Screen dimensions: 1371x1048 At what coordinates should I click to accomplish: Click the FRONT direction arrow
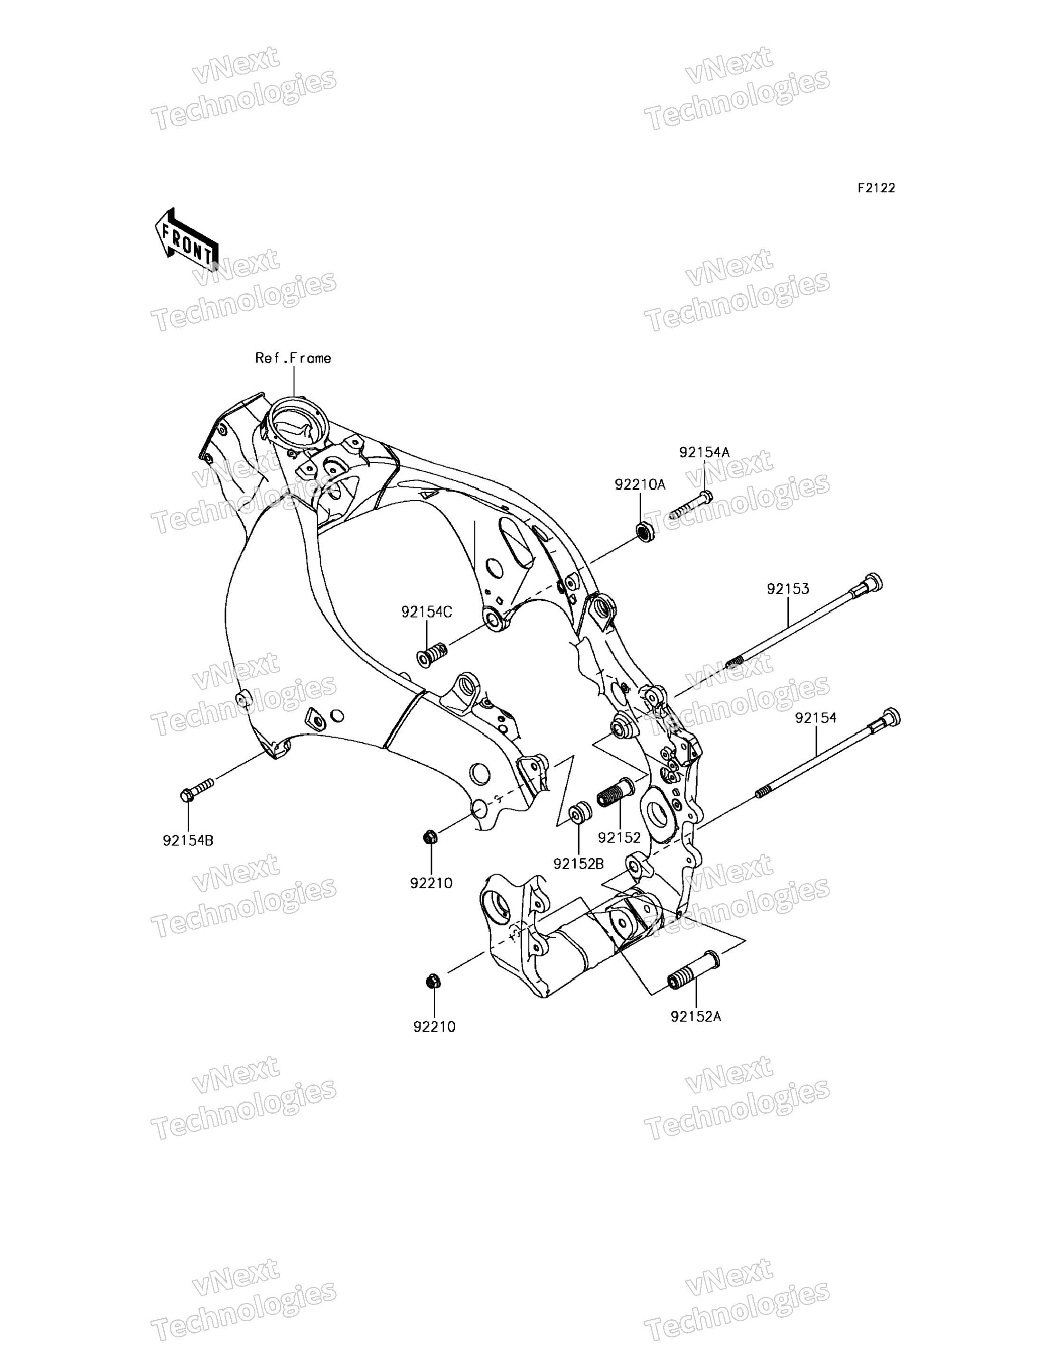point(186,241)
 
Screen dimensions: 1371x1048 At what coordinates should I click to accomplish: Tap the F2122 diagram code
point(875,188)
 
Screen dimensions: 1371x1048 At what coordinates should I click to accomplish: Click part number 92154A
point(704,452)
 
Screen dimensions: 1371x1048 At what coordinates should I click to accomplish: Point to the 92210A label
point(640,485)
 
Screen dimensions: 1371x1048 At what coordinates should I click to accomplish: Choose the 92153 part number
point(788,589)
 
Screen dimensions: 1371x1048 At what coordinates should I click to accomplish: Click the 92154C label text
point(427,612)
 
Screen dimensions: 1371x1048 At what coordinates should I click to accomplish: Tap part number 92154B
point(188,840)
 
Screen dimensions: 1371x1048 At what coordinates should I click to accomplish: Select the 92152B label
point(578,864)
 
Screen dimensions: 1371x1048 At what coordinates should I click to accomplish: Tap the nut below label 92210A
point(645,532)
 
